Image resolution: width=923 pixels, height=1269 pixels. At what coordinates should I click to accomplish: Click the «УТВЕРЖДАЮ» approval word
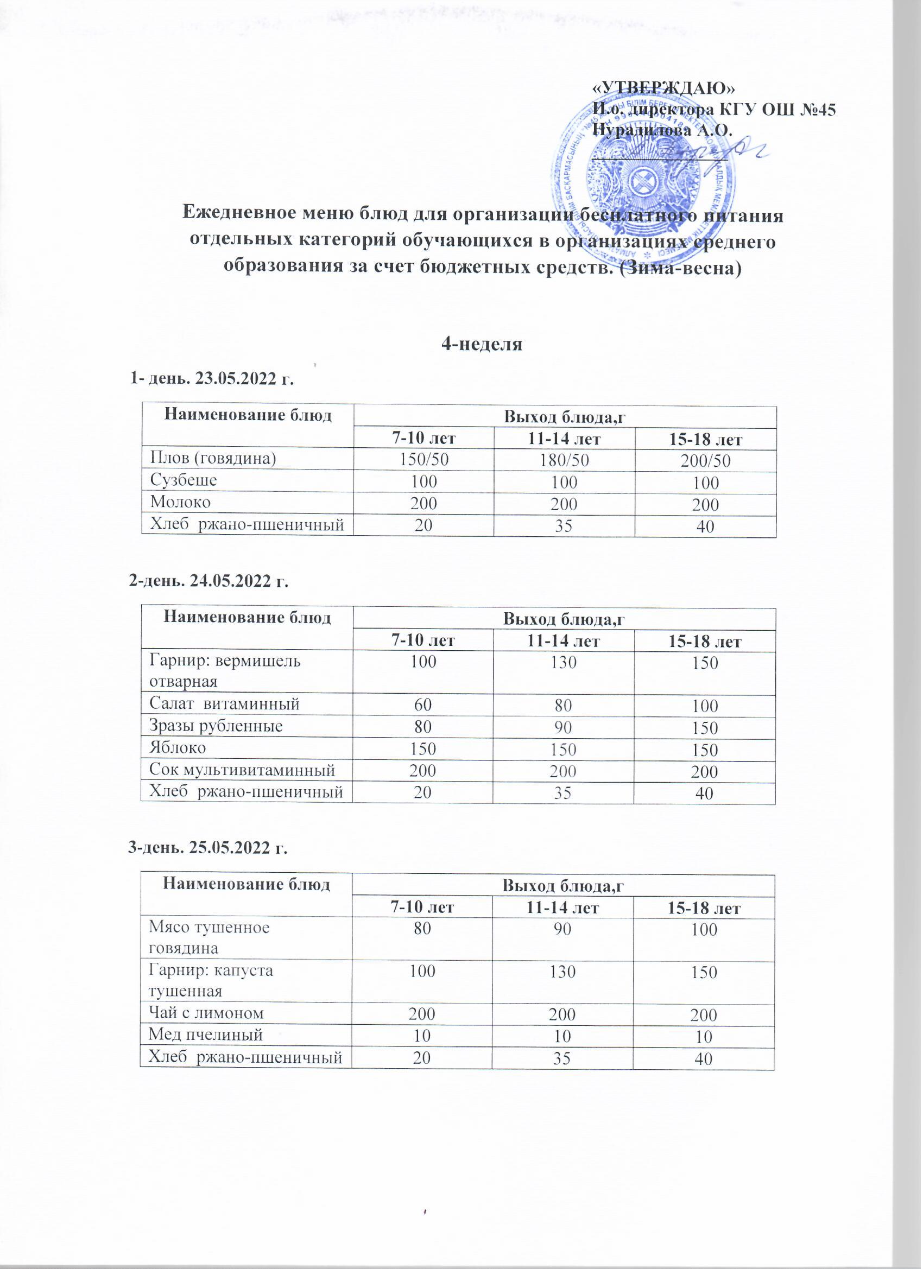click(665, 88)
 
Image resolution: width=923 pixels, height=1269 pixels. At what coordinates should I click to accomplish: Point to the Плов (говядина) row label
click(213, 459)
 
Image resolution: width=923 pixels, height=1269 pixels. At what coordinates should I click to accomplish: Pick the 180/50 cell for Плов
click(564, 461)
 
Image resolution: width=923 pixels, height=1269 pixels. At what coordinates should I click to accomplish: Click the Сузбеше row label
click(184, 481)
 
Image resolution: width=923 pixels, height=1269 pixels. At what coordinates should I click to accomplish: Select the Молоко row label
click(181, 503)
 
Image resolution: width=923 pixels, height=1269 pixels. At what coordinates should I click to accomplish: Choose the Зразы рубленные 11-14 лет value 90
click(563, 728)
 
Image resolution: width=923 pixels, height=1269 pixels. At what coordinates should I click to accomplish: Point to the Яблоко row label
click(178, 748)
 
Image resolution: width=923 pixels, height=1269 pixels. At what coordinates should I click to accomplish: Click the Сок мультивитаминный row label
click(242, 771)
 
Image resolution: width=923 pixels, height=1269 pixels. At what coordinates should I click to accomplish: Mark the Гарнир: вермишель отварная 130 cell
click(563, 664)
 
